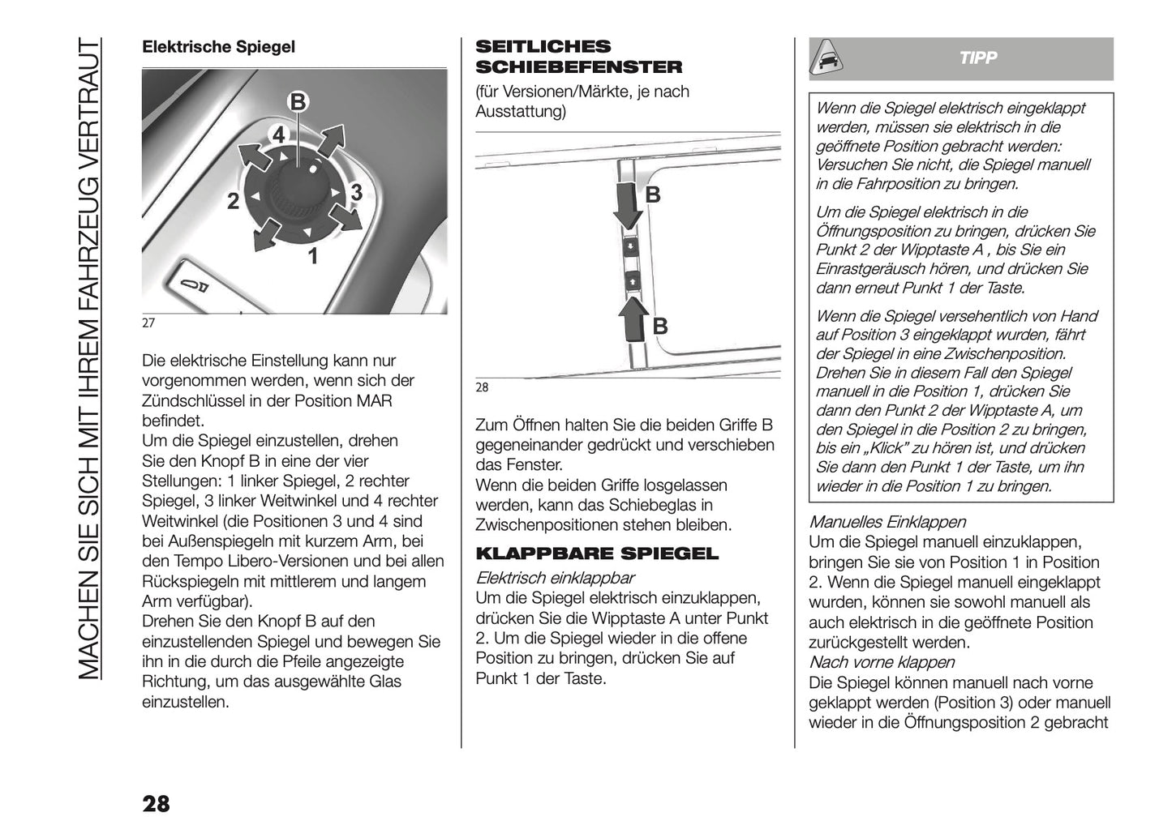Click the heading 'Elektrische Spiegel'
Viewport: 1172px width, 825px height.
pos(218,47)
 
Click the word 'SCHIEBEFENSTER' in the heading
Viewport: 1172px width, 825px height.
pos(578,67)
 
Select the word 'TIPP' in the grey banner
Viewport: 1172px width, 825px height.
pos(977,58)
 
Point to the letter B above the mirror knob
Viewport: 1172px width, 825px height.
pos(298,102)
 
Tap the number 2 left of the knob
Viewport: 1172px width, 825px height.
pos(233,202)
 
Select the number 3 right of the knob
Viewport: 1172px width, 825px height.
pos(355,193)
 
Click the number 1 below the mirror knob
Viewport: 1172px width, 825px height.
pos(312,258)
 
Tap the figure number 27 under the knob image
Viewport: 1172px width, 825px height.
pos(148,323)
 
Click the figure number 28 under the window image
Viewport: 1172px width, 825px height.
pos(482,387)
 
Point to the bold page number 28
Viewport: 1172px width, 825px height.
pos(156,803)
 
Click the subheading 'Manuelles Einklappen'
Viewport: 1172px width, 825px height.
pos(887,523)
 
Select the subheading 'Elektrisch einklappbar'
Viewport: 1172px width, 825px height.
pos(555,578)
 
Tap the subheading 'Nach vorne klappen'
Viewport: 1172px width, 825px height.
pos(882,663)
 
